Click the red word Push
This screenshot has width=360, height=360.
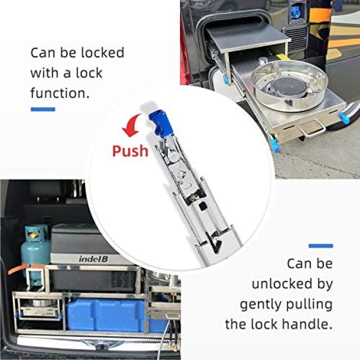coord(130,151)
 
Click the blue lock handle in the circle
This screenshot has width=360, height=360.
coord(159,123)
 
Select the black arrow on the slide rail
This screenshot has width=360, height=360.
coord(214,242)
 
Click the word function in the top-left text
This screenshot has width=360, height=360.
coord(60,93)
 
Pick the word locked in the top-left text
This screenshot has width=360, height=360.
coord(103,53)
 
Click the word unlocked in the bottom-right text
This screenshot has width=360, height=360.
coord(282,284)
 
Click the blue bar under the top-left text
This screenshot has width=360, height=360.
coord(43,109)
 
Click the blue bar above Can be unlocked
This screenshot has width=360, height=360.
coord(321,246)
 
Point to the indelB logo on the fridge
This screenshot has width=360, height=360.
coord(93,259)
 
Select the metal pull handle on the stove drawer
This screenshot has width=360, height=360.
coord(312,130)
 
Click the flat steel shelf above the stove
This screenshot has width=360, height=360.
coord(248,37)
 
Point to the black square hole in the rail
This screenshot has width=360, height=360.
coord(203,206)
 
